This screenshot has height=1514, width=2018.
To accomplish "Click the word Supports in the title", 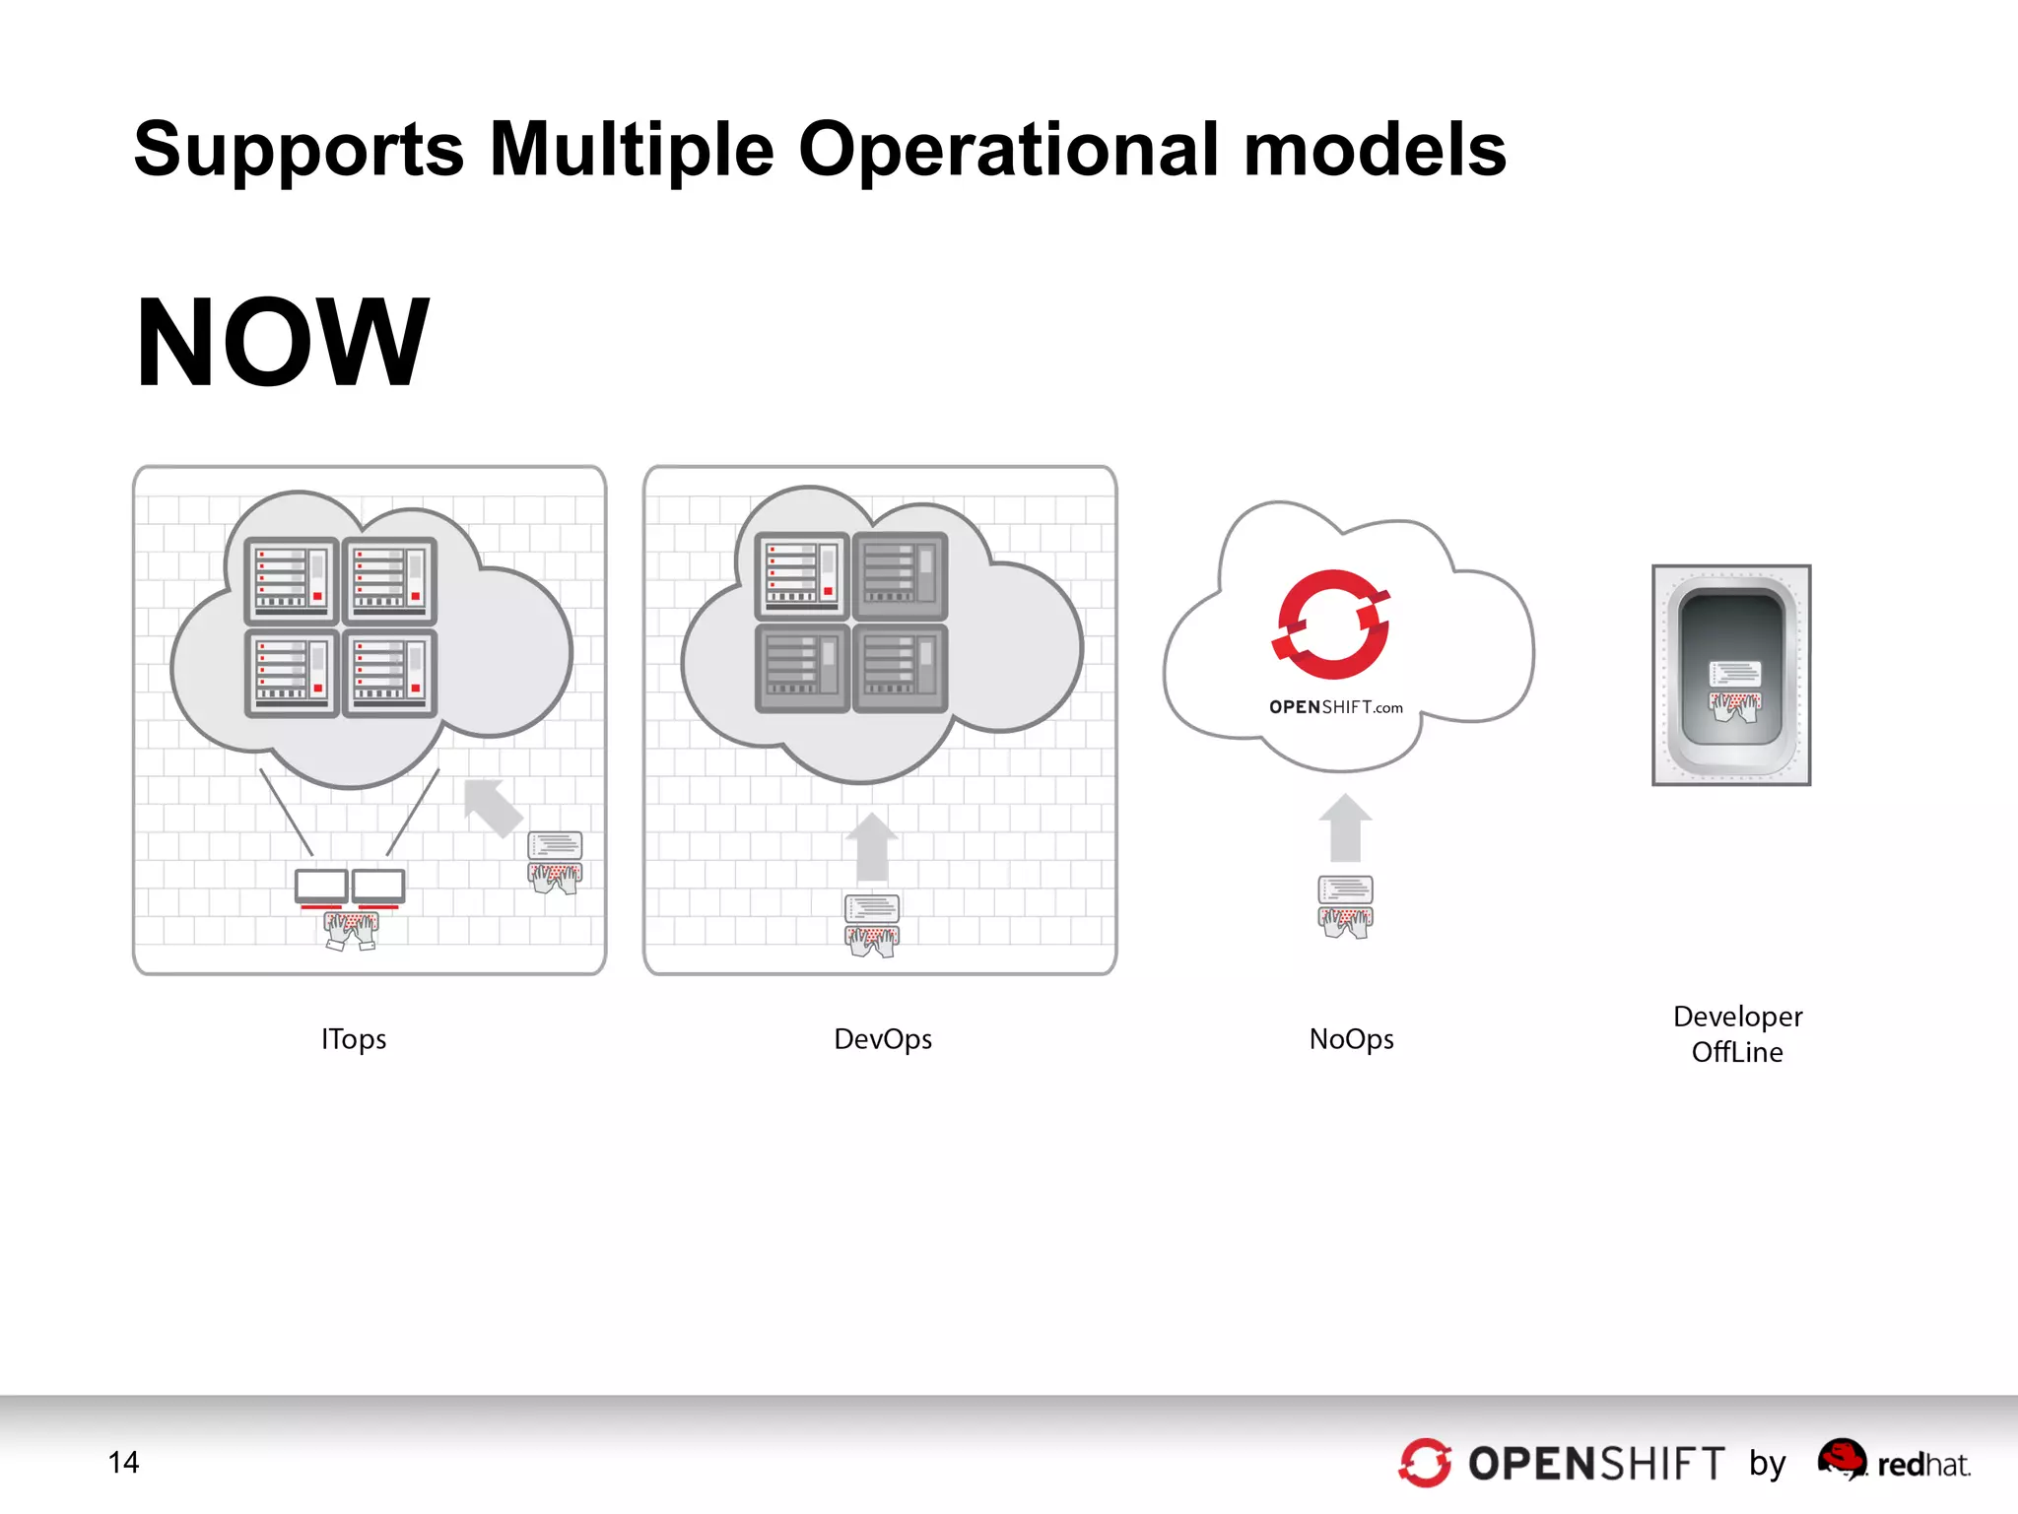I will [x=299, y=151].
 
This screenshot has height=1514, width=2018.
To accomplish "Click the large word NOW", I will [x=283, y=343].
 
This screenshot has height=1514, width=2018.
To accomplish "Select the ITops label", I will [x=354, y=1039].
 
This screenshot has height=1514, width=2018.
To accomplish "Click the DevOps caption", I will [x=883, y=1039].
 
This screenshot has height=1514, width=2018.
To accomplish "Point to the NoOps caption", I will [x=1351, y=1039].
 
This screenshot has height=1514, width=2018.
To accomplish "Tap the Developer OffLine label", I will [x=1737, y=1034].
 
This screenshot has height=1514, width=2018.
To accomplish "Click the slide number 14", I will [x=123, y=1463].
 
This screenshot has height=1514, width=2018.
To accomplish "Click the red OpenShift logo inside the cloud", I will [x=1331, y=625].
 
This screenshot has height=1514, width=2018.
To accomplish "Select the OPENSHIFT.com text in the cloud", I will [x=1335, y=707].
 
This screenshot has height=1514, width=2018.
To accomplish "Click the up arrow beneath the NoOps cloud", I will [x=1345, y=828].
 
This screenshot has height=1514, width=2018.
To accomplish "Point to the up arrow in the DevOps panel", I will [x=872, y=846].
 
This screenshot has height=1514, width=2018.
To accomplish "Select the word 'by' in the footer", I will [x=1768, y=1464].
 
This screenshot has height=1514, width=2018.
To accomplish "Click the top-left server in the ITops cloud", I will [x=292, y=581].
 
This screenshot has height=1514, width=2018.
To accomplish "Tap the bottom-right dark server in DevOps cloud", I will [x=901, y=668].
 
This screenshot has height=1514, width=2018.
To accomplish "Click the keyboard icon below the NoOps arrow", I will [x=1345, y=906].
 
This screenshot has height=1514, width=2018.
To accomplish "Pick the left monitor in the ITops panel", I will [x=321, y=887].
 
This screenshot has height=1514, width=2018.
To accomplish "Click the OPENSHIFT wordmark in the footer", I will [x=1596, y=1464].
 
